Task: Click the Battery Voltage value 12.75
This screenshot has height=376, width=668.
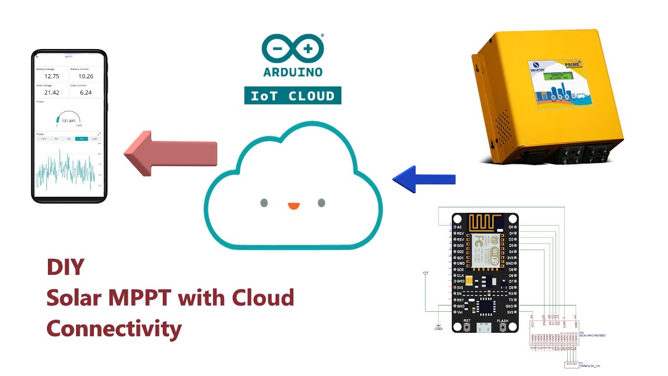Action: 52,76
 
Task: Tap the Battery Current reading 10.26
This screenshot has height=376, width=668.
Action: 86,76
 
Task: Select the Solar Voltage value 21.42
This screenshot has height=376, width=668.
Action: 52,92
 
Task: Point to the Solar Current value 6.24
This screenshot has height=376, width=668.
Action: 86,92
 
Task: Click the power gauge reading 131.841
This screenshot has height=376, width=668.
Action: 68,121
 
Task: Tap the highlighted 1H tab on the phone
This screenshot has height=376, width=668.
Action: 81,139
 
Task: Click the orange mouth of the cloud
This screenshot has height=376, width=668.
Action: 294,205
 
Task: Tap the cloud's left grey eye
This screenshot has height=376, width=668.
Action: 264,203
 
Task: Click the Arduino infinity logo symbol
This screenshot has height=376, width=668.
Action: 293,49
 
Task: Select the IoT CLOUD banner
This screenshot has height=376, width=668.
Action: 293,96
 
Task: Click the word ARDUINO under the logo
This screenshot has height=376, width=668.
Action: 293,72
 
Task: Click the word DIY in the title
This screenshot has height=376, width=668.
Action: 65,267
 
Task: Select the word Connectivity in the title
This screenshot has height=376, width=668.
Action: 114,329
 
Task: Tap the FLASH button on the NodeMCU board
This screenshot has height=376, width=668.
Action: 503,326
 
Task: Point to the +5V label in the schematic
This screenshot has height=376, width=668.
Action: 426,273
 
